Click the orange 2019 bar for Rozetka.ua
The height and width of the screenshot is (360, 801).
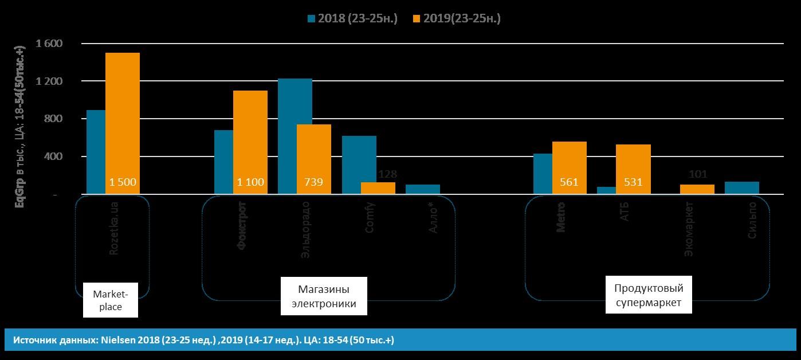tap(122, 123)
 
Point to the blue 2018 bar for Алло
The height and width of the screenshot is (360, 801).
tap(423, 190)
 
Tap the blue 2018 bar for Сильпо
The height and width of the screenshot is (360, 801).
tap(741, 188)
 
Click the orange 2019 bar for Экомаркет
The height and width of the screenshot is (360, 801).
tap(697, 189)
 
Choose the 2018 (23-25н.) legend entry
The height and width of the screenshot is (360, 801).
tap(352, 18)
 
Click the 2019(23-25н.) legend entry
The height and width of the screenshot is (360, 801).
tap(457, 18)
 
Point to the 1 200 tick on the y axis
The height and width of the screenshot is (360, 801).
tap(49, 81)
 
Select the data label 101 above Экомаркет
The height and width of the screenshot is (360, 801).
tap(697, 174)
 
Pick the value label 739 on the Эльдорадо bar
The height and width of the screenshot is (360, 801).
tap(313, 182)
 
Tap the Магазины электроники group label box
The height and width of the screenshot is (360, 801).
tap(324, 296)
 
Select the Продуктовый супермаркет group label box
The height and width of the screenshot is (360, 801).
tap(649, 295)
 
